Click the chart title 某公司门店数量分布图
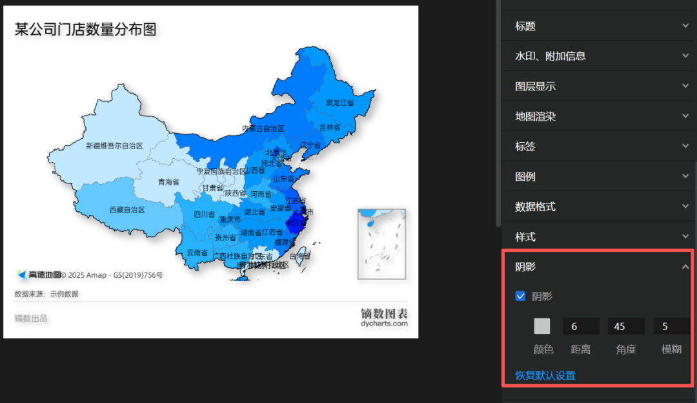click(86, 29)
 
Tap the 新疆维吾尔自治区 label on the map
click(114, 146)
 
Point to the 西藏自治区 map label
click(127, 210)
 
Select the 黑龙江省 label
click(340, 103)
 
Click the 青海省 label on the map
click(168, 182)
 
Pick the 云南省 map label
click(196, 253)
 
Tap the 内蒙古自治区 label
click(263, 129)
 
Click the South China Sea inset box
click(381, 243)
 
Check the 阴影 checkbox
click(521, 296)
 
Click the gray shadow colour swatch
click(542, 326)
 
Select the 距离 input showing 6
click(581, 326)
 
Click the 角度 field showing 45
click(625, 326)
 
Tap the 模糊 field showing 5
click(671, 326)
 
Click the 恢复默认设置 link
click(545, 375)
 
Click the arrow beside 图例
click(685, 176)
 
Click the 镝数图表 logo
click(384, 316)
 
